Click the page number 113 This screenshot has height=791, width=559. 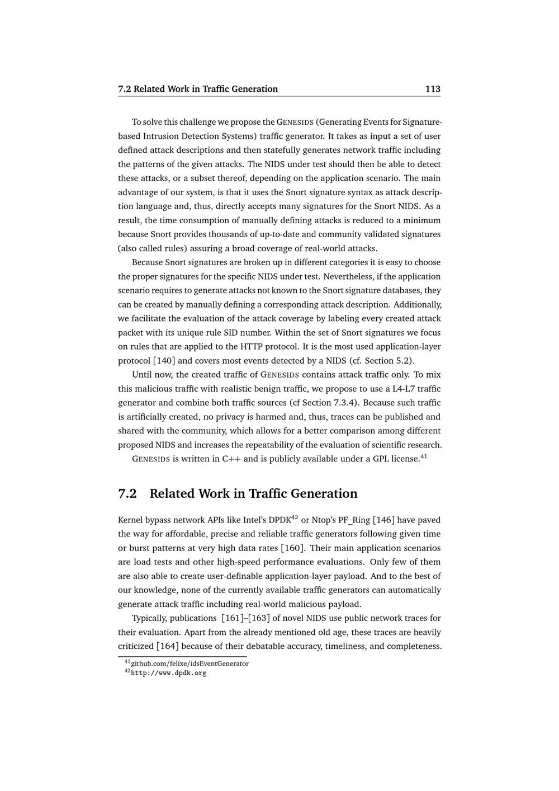pos(433,89)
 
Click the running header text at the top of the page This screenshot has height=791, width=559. pos(198,89)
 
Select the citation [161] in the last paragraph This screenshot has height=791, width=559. pos(231,618)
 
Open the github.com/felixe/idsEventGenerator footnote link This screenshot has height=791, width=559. pos(190,663)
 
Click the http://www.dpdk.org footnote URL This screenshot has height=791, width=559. pos(168,673)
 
